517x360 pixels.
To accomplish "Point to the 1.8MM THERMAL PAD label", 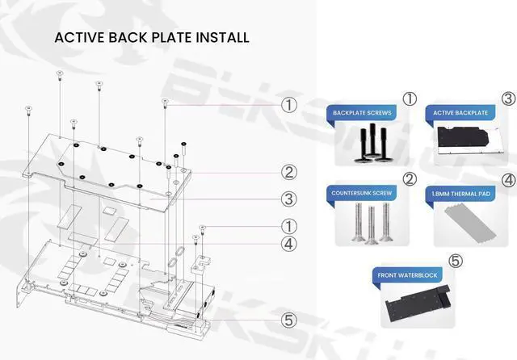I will click(460, 195).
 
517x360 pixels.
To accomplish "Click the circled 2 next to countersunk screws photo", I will click(410, 178).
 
